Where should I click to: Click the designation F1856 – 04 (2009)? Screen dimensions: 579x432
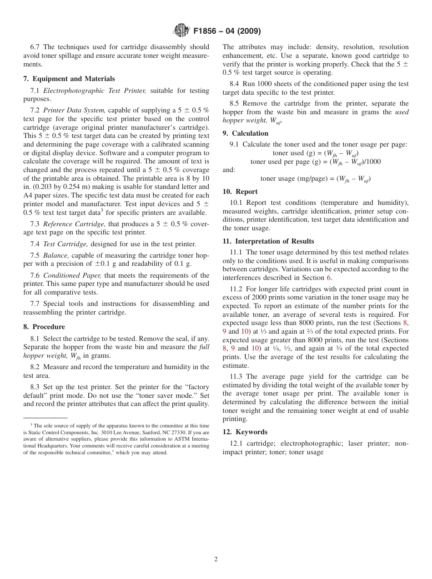pyautogui.click(x=227, y=31)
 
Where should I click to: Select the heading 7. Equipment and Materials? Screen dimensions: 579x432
pyautogui.click(x=69, y=79)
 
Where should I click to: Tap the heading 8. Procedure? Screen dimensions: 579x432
pyautogui.click(x=44, y=327)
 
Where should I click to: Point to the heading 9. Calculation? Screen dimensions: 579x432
pyautogui.click(x=246, y=133)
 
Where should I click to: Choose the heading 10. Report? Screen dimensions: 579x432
pyautogui.click(x=240, y=192)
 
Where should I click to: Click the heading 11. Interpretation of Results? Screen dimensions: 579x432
pyautogui.click(x=268, y=241)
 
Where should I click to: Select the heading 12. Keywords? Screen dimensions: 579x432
pyautogui.click(x=245, y=432)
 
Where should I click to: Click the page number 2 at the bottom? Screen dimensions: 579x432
pyautogui.click(x=216, y=559)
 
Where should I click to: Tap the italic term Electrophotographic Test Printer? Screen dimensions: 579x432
pyautogui.click(x=95, y=91)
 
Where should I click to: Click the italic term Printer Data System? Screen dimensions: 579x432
pyautogui.click(x=74, y=110)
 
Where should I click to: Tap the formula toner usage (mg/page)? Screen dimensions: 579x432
pyautogui.click(x=315, y=178)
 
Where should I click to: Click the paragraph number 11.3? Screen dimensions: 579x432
pyautogui.click(x=236, y=376)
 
